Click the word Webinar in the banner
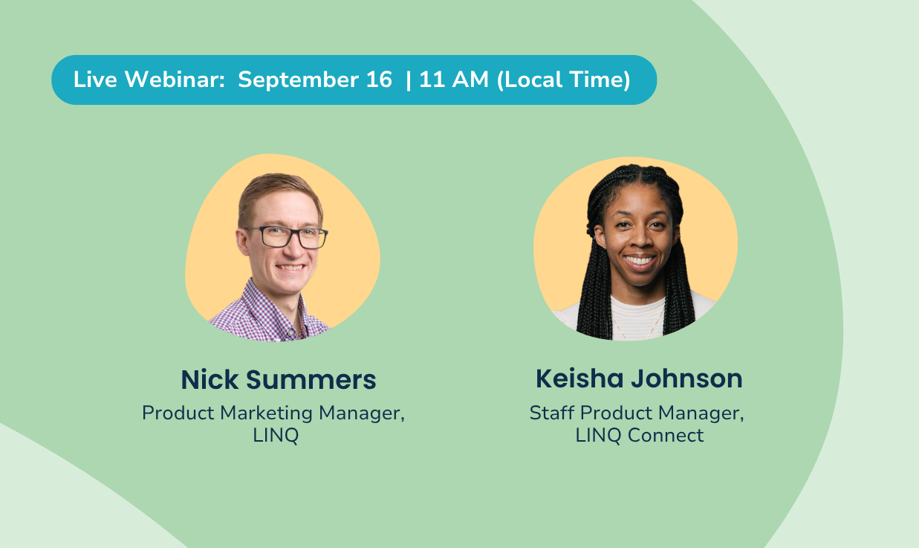point(175,79)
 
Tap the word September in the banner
point(298,80)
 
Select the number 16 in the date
point(379,80)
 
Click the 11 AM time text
point(454,80)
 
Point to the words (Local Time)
point(563,80)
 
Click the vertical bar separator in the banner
point(408,80)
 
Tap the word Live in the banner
point(95,79)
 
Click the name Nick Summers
point(278,380)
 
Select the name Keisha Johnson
point(639,378)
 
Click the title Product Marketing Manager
point(273,413)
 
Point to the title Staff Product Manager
point(637,413)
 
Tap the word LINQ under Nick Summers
point(276,435)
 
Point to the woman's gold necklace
point(638,324)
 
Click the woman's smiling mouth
point(640,261)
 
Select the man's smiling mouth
point(290,268)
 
